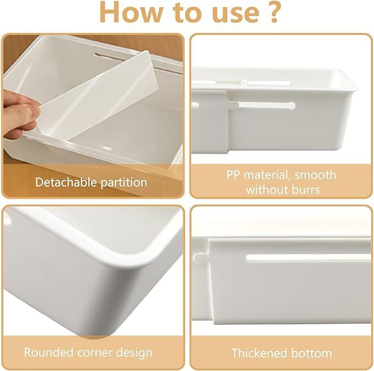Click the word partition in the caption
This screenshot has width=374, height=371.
coord(124,182)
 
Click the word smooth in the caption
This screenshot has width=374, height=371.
coord(316,176)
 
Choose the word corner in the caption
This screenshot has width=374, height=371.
coord(96,352)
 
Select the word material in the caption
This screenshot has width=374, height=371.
coord(265,176)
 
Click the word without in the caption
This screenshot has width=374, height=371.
coord(267,190)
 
